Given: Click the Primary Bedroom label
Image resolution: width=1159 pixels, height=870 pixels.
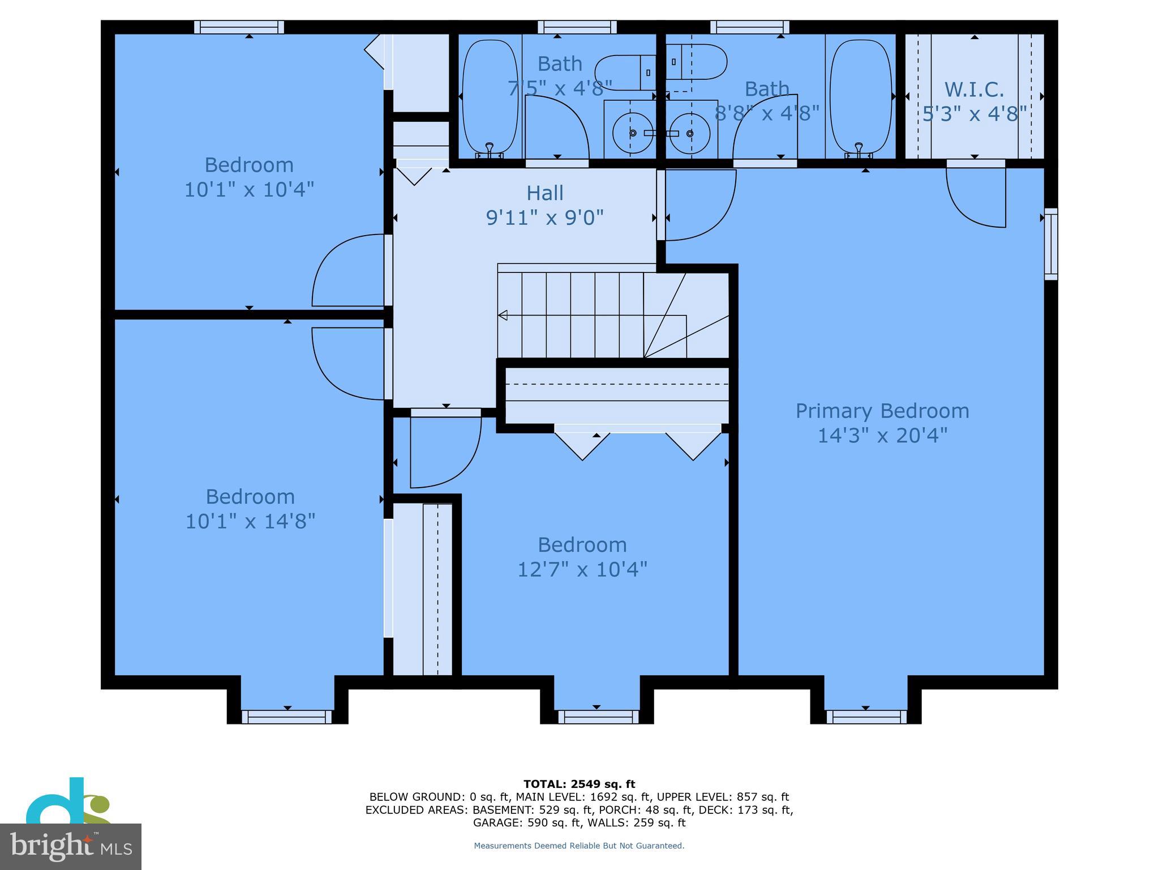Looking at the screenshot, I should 882,411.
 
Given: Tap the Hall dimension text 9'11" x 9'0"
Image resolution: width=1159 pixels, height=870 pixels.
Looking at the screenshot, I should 544,217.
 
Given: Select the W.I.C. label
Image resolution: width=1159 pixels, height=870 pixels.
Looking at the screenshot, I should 974,89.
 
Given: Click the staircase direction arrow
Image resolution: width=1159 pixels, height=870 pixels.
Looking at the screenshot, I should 503,315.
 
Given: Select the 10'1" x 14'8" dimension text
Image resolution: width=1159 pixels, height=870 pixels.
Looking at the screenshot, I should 250,521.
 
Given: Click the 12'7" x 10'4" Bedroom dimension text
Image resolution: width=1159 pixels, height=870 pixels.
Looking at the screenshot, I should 582,569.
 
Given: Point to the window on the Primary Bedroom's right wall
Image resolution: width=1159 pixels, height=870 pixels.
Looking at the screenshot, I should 1050,244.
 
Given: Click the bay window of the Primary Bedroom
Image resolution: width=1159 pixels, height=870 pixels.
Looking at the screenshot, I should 866,717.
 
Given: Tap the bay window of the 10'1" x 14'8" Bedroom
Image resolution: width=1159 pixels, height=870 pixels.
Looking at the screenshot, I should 287,717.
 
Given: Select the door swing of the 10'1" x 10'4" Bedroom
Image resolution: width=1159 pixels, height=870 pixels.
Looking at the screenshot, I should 348,271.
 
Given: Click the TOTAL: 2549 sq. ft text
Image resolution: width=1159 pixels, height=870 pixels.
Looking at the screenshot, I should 579,784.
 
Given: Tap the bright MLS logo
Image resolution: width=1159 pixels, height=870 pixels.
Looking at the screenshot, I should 70,846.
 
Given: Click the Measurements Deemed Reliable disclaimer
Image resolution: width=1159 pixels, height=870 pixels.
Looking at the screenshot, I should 579,846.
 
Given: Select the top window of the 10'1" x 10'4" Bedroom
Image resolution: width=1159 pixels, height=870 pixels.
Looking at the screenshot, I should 239,27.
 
